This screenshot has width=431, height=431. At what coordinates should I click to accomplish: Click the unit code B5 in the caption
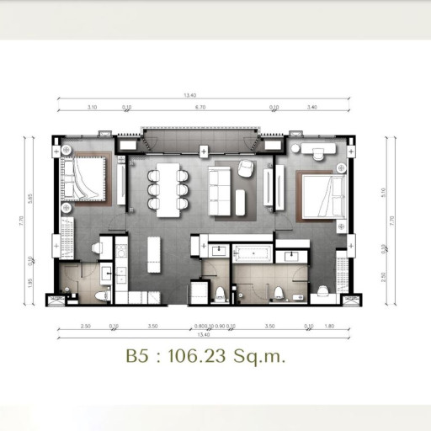(x=137, y=357)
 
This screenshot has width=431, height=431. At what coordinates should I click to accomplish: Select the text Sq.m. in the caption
(x=263, y=357)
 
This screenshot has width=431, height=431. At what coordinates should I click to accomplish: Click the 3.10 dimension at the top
(x=92, y=108)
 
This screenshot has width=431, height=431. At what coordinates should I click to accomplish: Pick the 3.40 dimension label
(x=312, y=108)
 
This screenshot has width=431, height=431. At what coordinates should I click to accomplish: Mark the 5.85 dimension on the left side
(x=31, y=198)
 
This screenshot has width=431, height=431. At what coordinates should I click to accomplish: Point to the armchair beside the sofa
(x=245, y=168)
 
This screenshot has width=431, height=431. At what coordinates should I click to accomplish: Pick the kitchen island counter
(x=154, y=253)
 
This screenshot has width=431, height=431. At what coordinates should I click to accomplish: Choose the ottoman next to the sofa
(x=240, y=201)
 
